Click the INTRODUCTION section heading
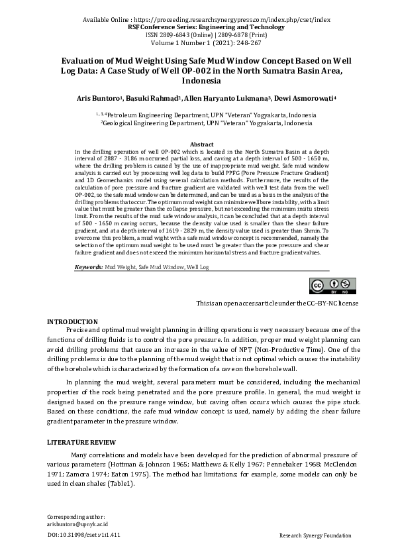pos(73,321)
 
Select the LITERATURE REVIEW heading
pos(81,442)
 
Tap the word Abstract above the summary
pos(201,144)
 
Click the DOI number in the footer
pos(85,534)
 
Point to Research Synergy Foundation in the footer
pos(315,534)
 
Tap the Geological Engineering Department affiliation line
pos(206,123)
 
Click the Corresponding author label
pos(76,516)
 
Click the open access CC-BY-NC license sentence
pos(277,303)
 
